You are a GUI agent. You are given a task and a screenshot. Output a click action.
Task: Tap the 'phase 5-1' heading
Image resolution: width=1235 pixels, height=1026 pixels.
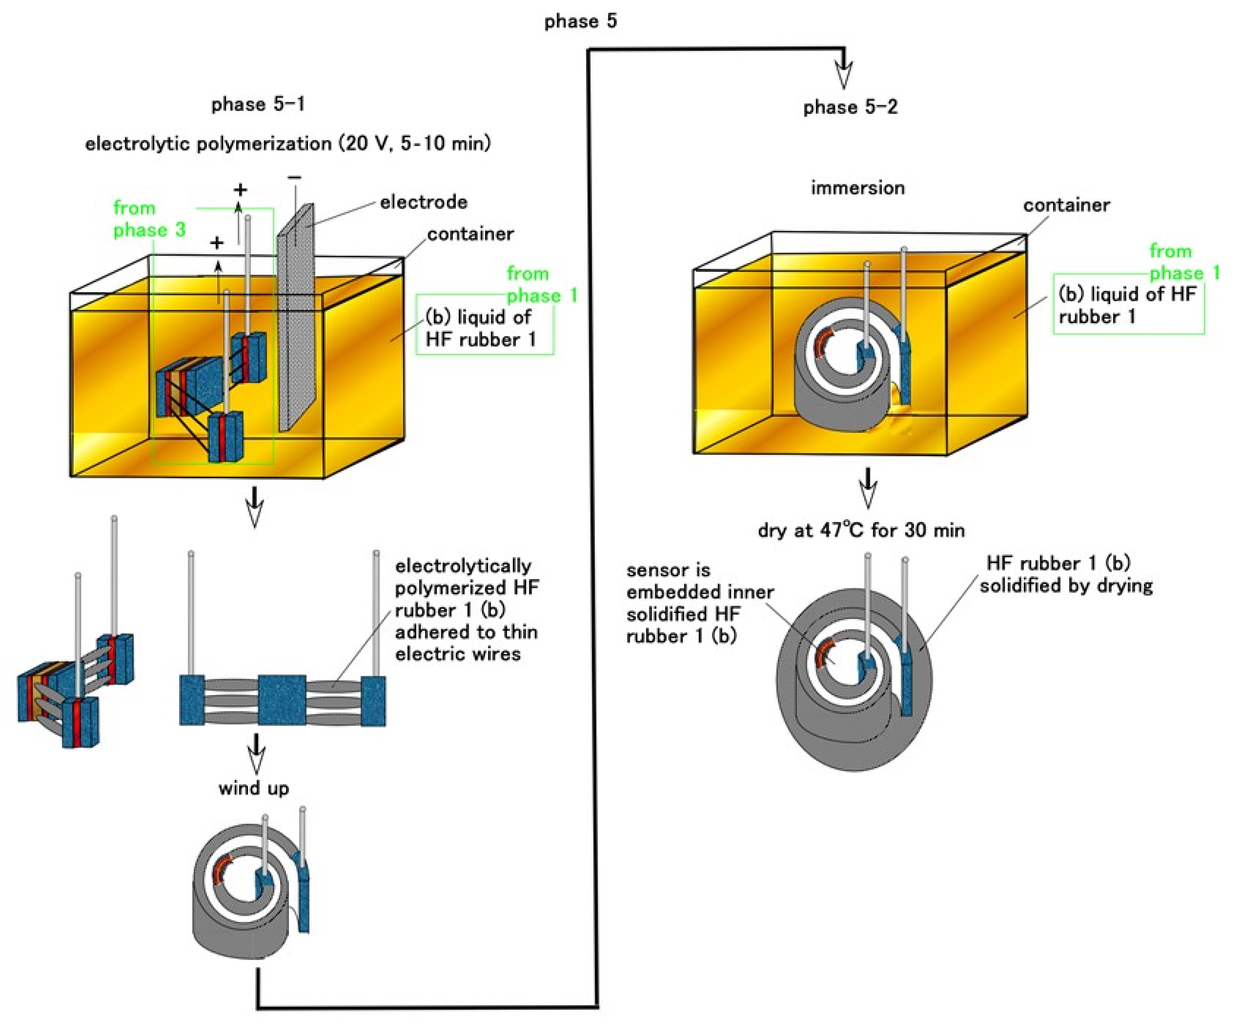tap(258, 105)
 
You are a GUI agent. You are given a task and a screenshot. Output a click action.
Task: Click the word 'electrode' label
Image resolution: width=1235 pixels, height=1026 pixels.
tap(424, 202)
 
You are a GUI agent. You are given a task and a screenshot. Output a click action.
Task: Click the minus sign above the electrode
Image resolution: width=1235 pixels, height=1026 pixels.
tap(295, 177)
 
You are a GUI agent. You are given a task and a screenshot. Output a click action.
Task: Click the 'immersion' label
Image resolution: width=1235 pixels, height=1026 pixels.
tap(857, 188)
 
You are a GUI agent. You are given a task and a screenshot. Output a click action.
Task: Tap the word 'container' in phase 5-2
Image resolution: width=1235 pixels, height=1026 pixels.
tap(1066, 205)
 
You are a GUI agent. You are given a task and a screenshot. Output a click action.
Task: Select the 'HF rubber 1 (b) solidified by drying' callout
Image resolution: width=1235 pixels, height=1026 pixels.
tap(1066, 574)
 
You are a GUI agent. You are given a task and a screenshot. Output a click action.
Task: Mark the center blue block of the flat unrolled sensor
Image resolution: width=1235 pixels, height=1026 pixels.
tap(282, 700)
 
